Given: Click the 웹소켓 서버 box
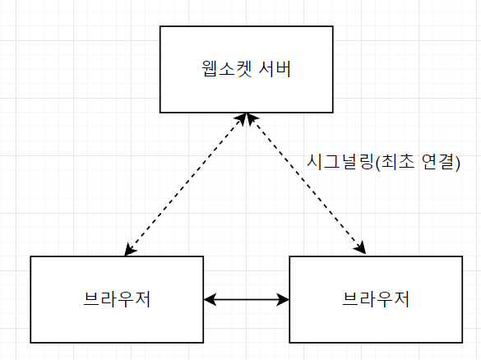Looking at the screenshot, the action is coord(247,69).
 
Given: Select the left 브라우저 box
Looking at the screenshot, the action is coord(117,299).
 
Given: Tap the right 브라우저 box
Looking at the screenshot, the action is coord(376,299).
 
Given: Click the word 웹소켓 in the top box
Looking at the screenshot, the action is coord(227,69).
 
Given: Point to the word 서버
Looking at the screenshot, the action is coord(275,69).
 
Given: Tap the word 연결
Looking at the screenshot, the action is coord(437,162).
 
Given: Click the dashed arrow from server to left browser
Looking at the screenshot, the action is coord(185,184).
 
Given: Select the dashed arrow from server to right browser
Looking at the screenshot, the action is coord(306,183).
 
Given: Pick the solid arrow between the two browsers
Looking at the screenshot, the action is coord(247,299).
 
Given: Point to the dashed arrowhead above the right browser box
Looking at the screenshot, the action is coord(360,247).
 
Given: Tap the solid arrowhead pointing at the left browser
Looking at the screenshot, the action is coord(210,299).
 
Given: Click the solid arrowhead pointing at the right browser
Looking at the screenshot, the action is coord(283,299).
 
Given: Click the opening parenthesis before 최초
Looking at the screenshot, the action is coord(377,163).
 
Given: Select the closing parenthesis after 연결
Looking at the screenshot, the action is coord(458,163).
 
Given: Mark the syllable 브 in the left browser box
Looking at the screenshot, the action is coord(92,299).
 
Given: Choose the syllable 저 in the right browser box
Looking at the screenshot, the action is coord(401,299).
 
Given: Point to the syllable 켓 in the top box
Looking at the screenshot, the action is coord(244,69).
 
